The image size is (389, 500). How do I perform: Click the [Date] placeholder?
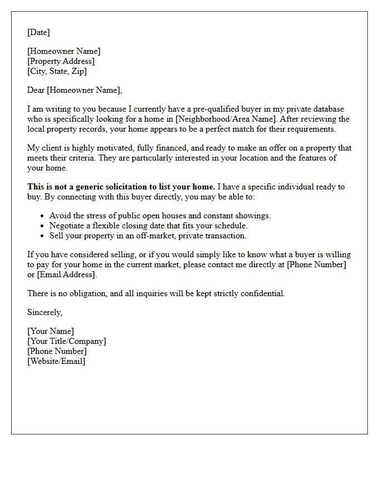click(38, 32)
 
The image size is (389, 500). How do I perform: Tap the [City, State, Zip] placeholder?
click(57, 71)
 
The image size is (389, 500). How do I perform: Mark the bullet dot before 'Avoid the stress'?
click(43, 216)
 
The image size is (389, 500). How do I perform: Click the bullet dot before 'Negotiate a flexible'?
click(43, 226)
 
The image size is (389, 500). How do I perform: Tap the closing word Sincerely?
click(44, 312)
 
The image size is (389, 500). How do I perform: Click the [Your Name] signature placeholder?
click(50, 331)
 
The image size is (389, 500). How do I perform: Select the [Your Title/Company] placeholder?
click(67, 341)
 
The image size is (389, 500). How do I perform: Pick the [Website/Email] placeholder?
click(56, 361)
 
